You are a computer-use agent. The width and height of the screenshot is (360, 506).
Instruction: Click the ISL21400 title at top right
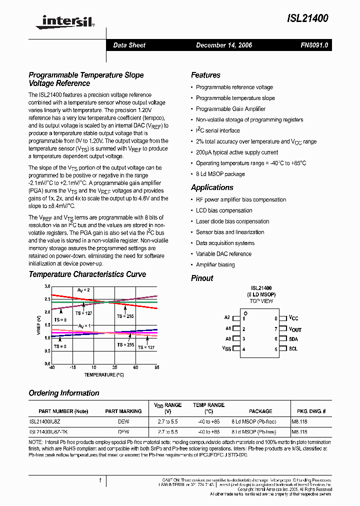(x=307, y=18)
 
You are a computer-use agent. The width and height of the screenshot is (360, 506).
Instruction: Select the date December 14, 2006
(x=224, y=45)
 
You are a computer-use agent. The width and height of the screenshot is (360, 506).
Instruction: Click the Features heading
(x=205, y=75)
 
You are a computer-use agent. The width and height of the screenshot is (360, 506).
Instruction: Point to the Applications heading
(x=212, y=187)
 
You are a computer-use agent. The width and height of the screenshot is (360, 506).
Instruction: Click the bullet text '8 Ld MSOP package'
(x=220, y=174)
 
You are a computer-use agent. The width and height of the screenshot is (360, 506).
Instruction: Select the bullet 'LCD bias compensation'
(x=225, y=210)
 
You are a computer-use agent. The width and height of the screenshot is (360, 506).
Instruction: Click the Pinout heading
(x=202, y=278)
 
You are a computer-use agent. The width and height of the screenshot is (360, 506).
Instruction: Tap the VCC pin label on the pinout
(x=293, y=318)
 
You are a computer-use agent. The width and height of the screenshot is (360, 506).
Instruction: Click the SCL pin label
(x=293, y=349)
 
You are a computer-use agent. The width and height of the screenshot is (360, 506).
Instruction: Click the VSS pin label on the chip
(x=226, y=349)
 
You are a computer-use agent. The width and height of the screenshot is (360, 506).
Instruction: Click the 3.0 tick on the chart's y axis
(x=47, y=286)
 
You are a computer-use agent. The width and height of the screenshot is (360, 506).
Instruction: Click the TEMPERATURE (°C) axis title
(x=104, y=374)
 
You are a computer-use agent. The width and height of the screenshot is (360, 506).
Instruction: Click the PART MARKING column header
(x=123, y=411)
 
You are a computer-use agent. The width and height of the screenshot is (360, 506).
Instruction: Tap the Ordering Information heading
(x=64, y=393)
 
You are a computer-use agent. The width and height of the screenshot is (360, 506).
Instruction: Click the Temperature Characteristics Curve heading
(x=87, y=274)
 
